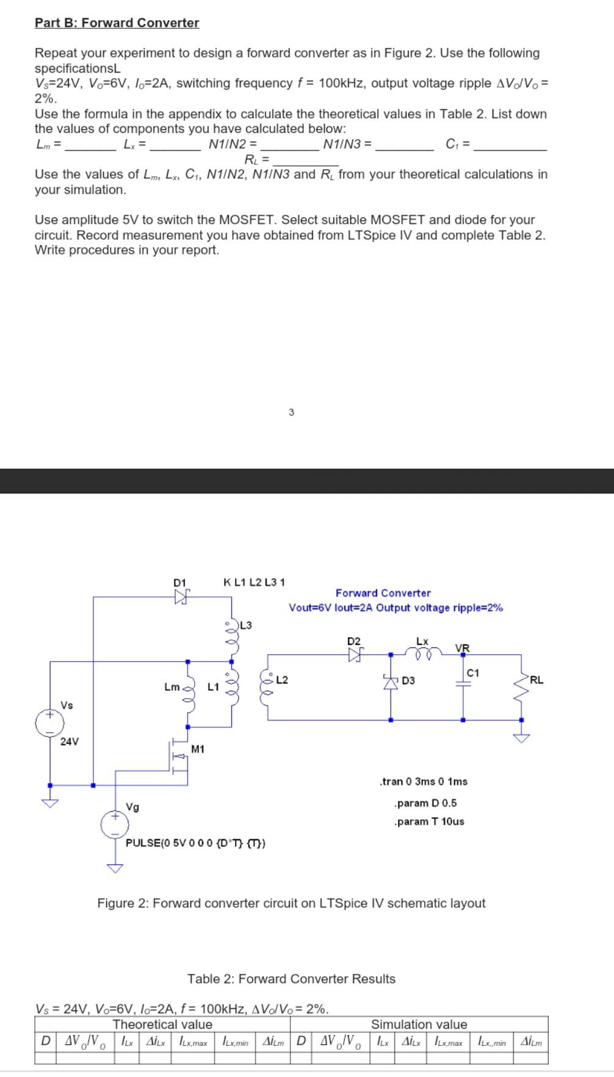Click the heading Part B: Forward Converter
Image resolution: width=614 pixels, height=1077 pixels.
point(117,23)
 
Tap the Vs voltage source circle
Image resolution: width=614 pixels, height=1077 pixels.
point(49,723)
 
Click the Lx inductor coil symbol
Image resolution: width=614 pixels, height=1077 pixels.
point(423,653)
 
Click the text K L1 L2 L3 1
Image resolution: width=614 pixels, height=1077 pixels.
point(255,582)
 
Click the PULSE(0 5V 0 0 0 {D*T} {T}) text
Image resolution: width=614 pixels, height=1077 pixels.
point(195,843)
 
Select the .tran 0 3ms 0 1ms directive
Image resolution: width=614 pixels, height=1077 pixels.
point(424,782)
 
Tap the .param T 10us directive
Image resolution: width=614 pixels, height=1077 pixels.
point(429,821)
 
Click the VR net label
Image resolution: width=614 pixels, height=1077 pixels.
point(462,647)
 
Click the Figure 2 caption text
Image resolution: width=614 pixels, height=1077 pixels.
point(291,903)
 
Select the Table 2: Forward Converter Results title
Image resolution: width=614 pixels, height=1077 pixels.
point(291,979)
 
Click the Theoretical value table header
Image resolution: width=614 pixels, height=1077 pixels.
point(163,1025)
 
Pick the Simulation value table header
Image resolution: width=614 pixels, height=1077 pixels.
point(419,1025)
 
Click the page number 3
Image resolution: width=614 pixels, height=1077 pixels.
point(291,412)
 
